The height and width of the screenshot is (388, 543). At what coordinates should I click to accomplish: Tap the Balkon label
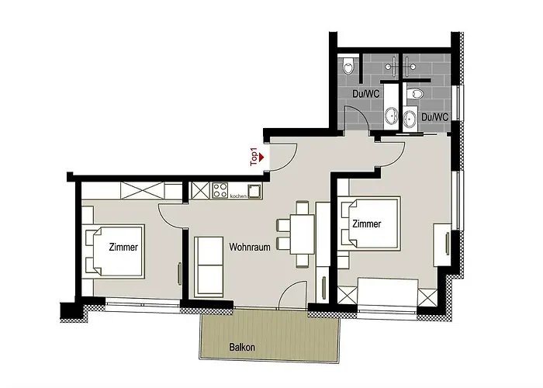coord(242,348)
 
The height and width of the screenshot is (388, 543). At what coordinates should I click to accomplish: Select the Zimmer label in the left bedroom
coord(123,248)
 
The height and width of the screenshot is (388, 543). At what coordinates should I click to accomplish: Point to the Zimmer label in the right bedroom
coord(366,224)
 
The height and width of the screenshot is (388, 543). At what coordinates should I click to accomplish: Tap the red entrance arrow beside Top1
coord(263,157)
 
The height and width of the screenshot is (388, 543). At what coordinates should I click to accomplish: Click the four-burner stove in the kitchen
coord(220,189)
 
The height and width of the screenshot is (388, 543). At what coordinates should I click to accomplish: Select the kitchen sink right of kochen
coord(253,190)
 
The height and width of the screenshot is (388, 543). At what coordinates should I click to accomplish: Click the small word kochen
coord(237,196)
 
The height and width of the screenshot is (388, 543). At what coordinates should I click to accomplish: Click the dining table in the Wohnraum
coord(303,233)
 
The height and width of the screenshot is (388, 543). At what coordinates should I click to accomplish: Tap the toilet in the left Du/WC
coord(349,66)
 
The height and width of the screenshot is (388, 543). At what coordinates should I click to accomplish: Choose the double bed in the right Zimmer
coord(371,225)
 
